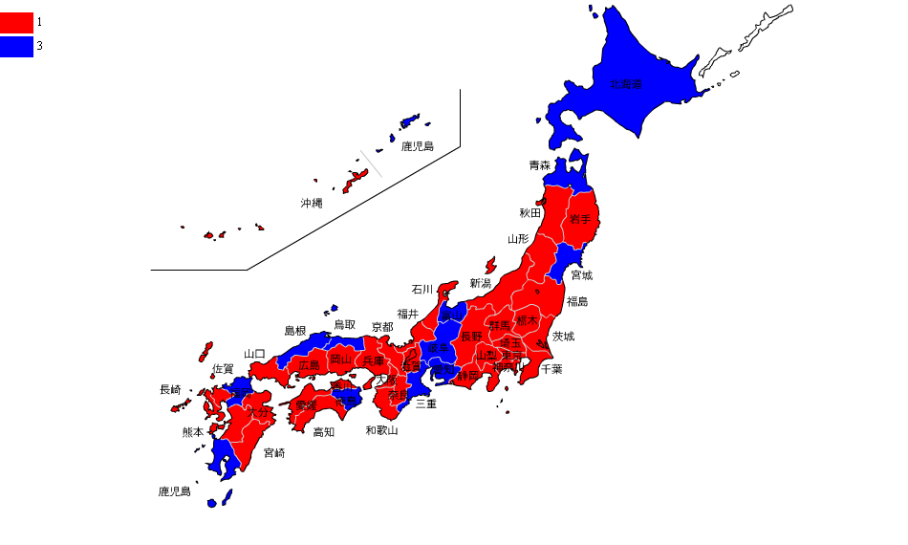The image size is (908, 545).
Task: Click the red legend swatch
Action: tap(16, 22)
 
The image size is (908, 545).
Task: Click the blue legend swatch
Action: tap(16, 46)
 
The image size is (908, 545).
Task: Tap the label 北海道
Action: tap(627, 84)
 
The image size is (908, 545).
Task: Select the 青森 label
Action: tap(540, 165)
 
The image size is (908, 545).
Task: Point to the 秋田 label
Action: tap(530, 212)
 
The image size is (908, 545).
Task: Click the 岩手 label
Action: tap(581, 219)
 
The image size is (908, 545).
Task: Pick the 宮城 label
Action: tap(581, 275)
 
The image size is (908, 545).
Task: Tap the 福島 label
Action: tap(577, 301)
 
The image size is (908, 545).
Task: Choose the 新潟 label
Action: tap(481, 283)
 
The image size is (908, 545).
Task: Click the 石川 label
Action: tap(422, 289)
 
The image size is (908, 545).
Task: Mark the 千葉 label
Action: tap(551, 368)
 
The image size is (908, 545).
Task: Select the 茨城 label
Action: tap(563, 336)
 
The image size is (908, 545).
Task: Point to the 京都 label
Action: tap(382, 326)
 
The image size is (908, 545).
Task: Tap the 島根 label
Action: tap(295, 331)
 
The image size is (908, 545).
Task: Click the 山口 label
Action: tap(254, 354)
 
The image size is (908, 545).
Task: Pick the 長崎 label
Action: tap(170, 389)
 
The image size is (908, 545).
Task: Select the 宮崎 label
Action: tap(274, 452)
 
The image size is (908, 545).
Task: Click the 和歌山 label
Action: tap(381, 430)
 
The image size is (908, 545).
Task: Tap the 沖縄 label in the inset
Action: tap(312, 203)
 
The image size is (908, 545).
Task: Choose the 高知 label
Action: tap(324, 431)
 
